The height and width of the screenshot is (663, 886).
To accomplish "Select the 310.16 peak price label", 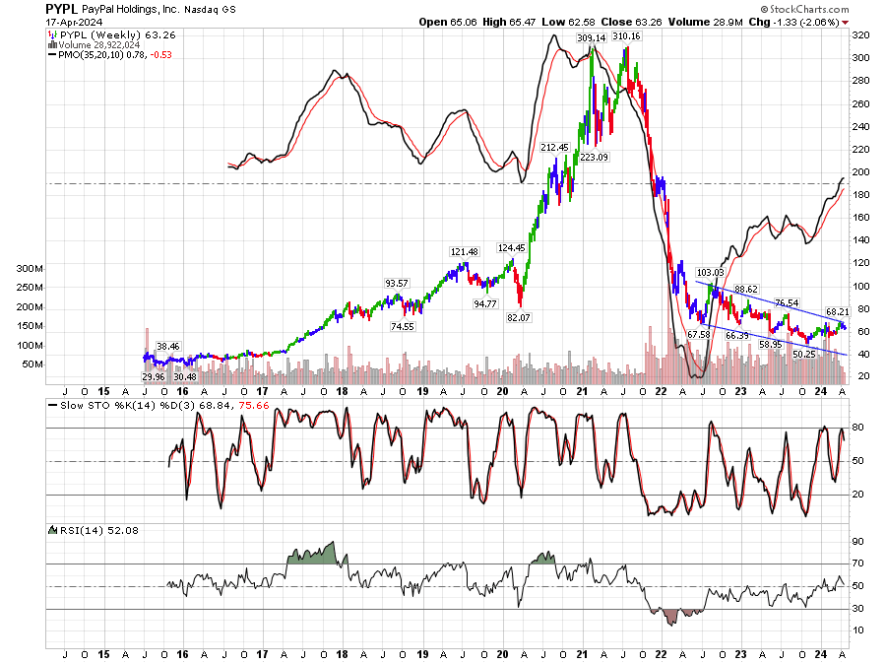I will [626, 36].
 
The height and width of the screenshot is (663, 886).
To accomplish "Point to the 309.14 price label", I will [592, 37].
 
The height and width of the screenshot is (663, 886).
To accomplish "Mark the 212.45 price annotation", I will [555, 147].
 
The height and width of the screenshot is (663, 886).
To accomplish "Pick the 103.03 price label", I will [710, 272].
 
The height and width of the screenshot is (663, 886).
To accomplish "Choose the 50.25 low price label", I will [804, 354].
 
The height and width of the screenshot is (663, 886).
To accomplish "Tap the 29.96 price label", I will [154, 376].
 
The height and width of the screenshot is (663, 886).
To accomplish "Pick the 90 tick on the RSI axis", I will [858, 541].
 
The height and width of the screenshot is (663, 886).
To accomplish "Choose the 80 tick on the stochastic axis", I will [858, 427].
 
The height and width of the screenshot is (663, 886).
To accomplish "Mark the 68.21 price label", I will [837, 311].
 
